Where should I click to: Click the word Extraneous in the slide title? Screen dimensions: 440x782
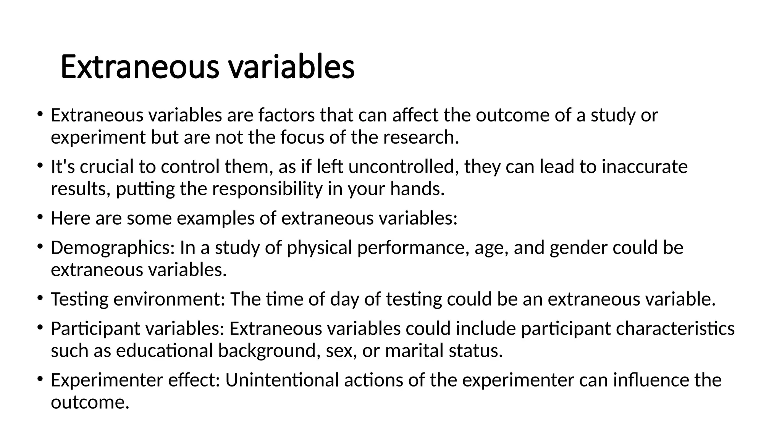click(140, 67)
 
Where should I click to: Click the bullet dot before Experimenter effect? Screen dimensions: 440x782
click(40, 379)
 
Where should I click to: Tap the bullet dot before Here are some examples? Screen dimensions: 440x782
click(40, 217)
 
